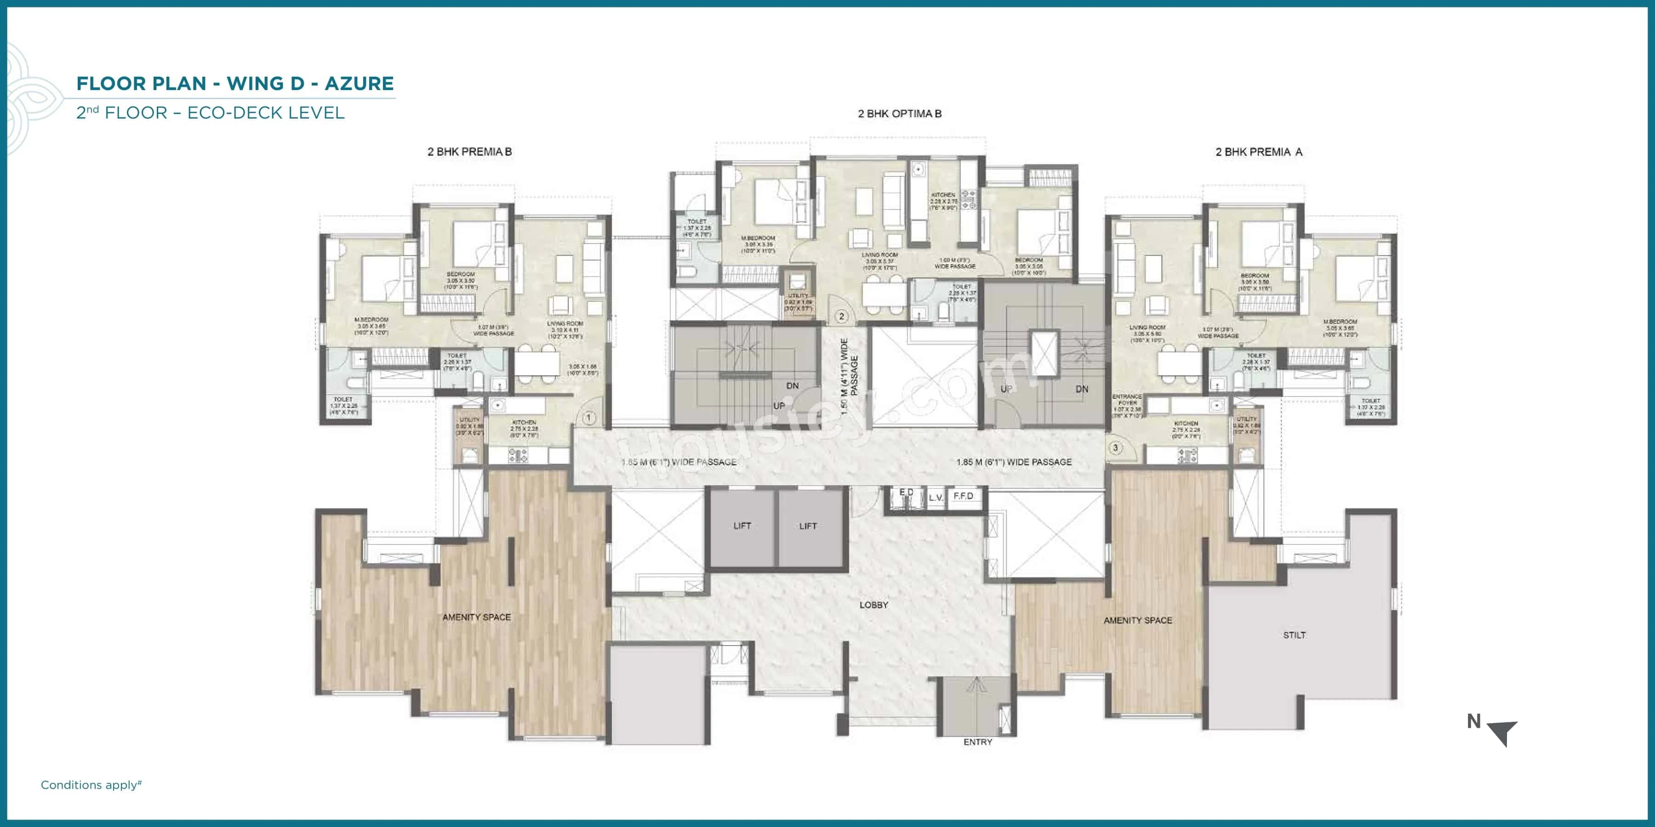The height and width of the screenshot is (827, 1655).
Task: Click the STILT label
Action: coord(1294,635)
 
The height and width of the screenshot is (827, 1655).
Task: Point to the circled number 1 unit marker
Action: coord(588,418)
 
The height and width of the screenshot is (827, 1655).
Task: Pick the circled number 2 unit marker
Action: coord(841,316)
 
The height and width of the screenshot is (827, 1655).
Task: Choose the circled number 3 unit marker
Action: coord(1115,447)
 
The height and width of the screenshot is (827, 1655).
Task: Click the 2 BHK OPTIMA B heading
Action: coord(900,113)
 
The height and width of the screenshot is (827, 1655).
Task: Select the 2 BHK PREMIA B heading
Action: coord(470,152)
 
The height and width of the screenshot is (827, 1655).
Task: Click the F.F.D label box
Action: coord(963,496)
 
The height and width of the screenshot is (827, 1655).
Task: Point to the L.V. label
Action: coord(936,498)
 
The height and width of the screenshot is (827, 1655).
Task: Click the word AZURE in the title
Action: coord(359,84)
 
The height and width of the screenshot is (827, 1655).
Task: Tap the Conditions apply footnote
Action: coord(91,785)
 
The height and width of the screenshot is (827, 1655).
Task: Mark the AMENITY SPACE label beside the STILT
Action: coord(1138,620)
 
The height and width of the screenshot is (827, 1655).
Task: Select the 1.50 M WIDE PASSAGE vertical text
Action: coord(849,376)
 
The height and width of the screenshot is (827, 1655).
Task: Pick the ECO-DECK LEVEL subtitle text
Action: coord(266,113)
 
